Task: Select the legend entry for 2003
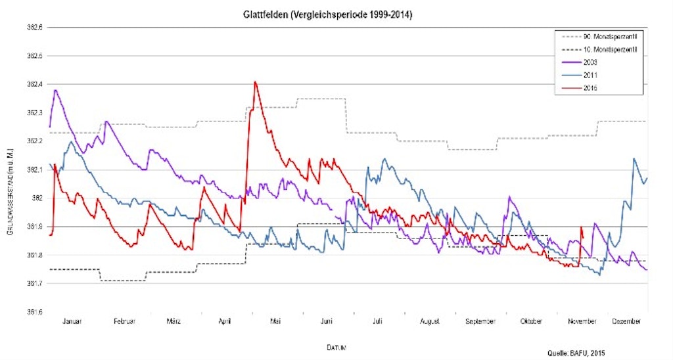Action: (590, 61)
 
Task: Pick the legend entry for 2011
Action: (590, 75)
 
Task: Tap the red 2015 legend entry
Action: (590, 88)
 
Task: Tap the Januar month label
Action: (73, 321)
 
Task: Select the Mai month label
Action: (275, 321)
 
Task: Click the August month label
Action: (429, 321)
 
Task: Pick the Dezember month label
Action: (626, 321)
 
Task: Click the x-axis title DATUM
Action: (336, 346)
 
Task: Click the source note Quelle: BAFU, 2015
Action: (575, 353)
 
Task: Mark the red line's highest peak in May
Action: (255, 81)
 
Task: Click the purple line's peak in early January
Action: (55, 90)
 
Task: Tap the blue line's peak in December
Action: (634, 158)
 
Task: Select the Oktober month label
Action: (531, 321)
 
